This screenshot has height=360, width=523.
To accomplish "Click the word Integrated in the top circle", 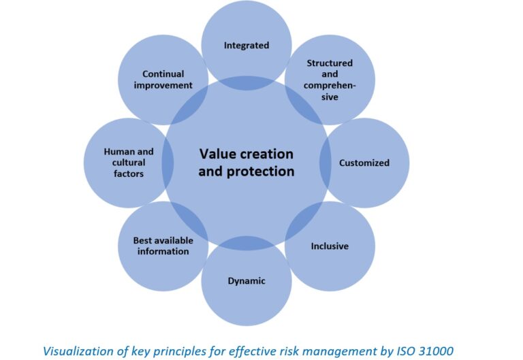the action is (x=247, y=46).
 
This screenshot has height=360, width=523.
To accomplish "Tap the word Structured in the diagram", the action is (x=330, y=63).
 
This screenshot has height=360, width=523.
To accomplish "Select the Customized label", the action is (x=364, y=163).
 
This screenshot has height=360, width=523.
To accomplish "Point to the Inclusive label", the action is (x=330, y=246).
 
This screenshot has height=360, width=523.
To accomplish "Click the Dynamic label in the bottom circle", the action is (x=247, y=281).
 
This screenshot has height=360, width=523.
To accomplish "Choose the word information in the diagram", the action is (x=163, y=251).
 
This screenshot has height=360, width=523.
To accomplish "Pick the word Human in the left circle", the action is (x=118, y=152).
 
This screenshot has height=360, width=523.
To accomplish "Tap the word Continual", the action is (x=163, y=74).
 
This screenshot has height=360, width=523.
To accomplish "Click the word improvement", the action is (x=163, y=85).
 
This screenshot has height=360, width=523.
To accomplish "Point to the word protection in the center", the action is (x=261, y=171).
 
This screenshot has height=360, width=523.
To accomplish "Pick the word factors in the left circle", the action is (x=129, y=174).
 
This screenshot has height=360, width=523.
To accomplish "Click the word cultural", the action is (x=129, y=163).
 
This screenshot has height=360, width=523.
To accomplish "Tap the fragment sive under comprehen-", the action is (x=330, y=97).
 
